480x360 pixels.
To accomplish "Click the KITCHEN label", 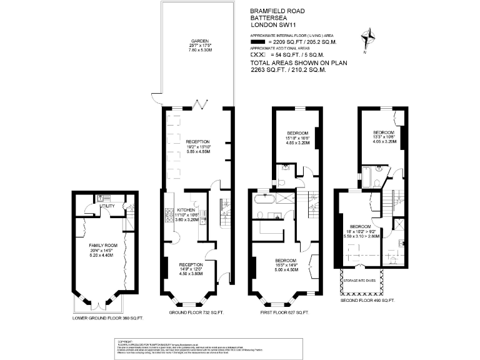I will click(x=186, y=209).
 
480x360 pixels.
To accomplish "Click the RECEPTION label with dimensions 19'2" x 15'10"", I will click(x=197, y=142).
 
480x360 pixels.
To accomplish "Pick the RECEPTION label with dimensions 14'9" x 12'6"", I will click(x=191, y=264).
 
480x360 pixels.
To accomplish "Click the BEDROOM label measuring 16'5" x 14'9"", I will click(x=283, y=260).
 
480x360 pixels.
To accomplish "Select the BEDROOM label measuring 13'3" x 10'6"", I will click(x=383, y=132).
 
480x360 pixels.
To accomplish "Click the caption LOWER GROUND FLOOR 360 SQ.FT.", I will click(x=107, y=318).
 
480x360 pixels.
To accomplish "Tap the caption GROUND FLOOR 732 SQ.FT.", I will click(x=197, y=312).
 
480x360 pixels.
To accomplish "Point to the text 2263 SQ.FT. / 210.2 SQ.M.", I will click(x=288, y=70).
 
